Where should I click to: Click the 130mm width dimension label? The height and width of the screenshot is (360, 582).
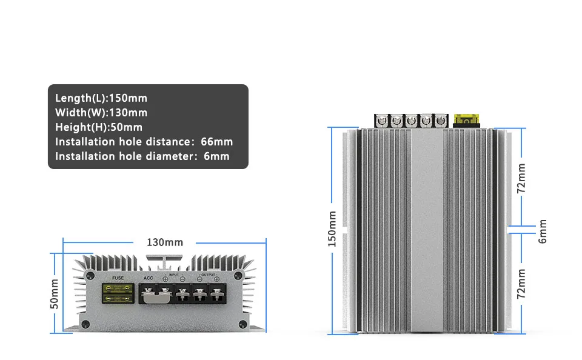165,242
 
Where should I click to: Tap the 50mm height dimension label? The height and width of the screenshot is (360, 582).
55,294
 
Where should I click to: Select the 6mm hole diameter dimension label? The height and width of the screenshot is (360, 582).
543,231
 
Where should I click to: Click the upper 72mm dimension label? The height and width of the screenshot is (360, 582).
521,178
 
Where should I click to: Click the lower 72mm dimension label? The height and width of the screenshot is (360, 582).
521,284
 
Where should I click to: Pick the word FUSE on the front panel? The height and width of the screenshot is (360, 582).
118,278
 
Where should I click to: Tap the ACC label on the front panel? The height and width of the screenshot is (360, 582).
149,278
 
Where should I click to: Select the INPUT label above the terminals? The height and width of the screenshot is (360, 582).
174,275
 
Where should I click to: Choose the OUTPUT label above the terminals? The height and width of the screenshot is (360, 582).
208,275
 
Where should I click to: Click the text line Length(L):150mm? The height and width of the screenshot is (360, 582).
101,98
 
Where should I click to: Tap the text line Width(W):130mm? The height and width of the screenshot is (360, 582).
101,113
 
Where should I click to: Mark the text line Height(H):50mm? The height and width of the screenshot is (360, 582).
99,127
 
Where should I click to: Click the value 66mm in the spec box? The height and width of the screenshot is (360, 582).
216,142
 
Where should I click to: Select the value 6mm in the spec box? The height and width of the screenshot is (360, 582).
216,156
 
